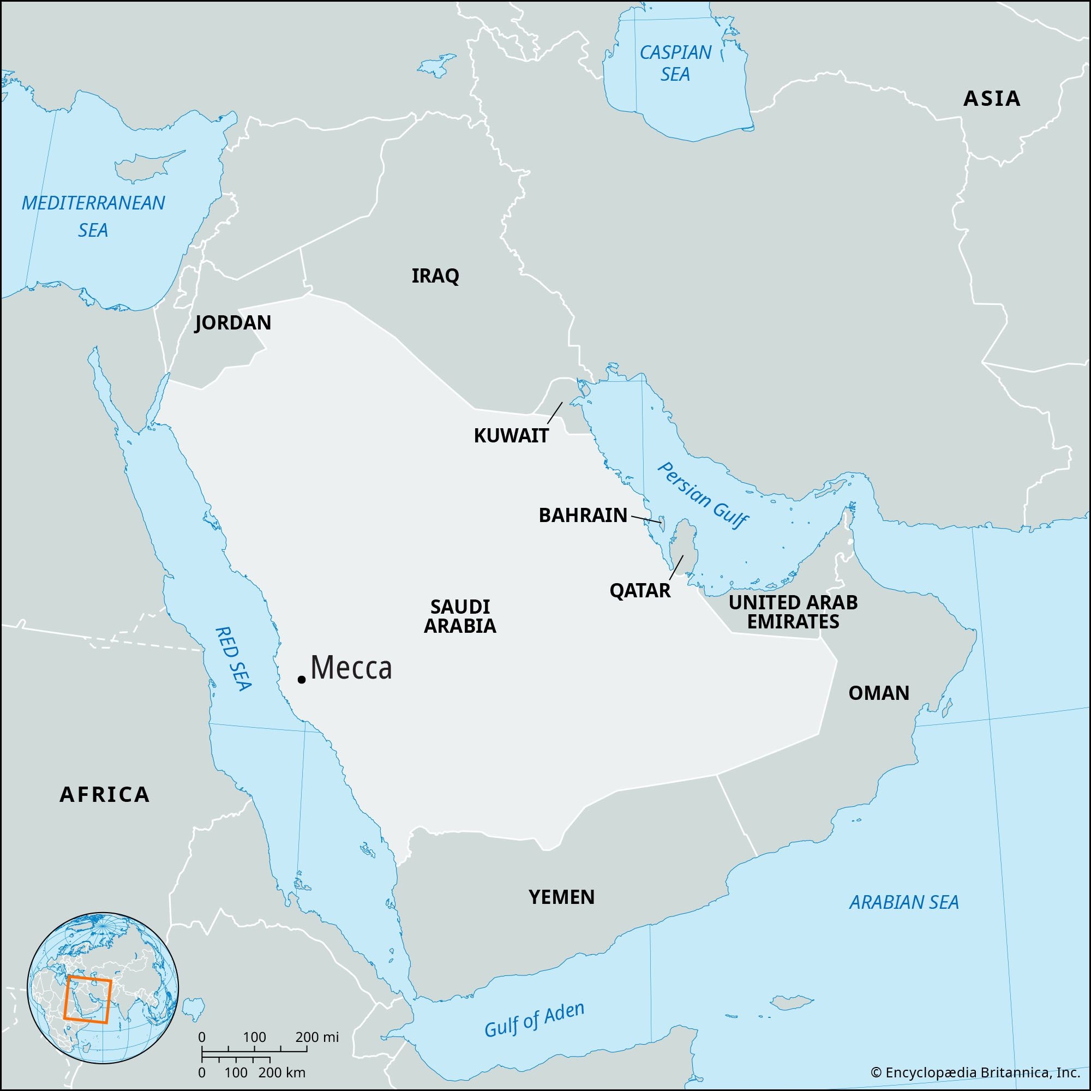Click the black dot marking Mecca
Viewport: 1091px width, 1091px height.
click(302, 679)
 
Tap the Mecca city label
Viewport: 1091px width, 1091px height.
click(351, 668)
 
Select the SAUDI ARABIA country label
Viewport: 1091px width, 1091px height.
click(460, 616)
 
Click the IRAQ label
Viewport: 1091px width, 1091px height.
click(435, 276)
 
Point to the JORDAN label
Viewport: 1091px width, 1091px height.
click(233, 323)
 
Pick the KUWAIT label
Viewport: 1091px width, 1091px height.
click(511, 435)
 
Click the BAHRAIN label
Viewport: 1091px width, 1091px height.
click(583, 515)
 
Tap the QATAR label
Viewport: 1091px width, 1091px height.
click(640, 591)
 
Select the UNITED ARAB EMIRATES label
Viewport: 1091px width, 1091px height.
click(793, 612)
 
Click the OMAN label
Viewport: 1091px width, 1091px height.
click(879, 693)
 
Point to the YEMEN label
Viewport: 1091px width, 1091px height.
click(561, 897)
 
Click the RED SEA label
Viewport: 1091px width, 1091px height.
click(233, 658)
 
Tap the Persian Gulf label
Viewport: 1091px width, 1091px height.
click(703, 495)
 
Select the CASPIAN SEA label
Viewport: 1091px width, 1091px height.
click(675, 63)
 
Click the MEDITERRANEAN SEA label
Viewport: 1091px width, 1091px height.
click(93, 216)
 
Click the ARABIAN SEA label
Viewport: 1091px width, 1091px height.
click(904, 902)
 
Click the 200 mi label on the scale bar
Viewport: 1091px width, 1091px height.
click(317, 1037)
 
